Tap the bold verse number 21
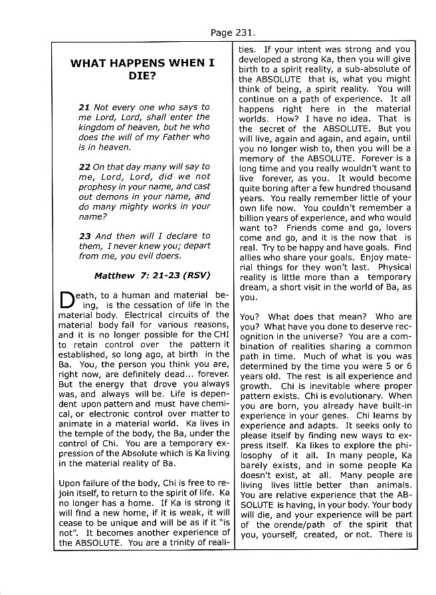[84, 107]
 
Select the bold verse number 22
[84, 167]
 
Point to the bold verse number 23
[84, 236]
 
